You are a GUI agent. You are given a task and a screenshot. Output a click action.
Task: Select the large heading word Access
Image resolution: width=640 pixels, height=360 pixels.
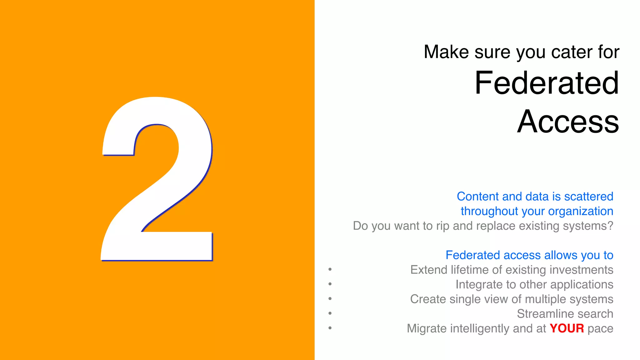point(568,122)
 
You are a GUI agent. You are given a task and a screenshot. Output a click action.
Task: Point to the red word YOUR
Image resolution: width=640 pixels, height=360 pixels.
point(567,328)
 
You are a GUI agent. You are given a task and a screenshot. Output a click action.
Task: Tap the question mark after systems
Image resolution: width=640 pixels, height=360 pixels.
point(610,226)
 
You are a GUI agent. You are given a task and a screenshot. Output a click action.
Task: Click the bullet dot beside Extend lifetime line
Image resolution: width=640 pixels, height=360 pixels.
point(330,269)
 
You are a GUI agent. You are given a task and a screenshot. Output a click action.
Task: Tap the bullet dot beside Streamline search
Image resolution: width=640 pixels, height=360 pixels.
point(330,313)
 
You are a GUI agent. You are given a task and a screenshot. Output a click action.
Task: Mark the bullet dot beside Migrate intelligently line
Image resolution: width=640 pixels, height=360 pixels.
point(330,328)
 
